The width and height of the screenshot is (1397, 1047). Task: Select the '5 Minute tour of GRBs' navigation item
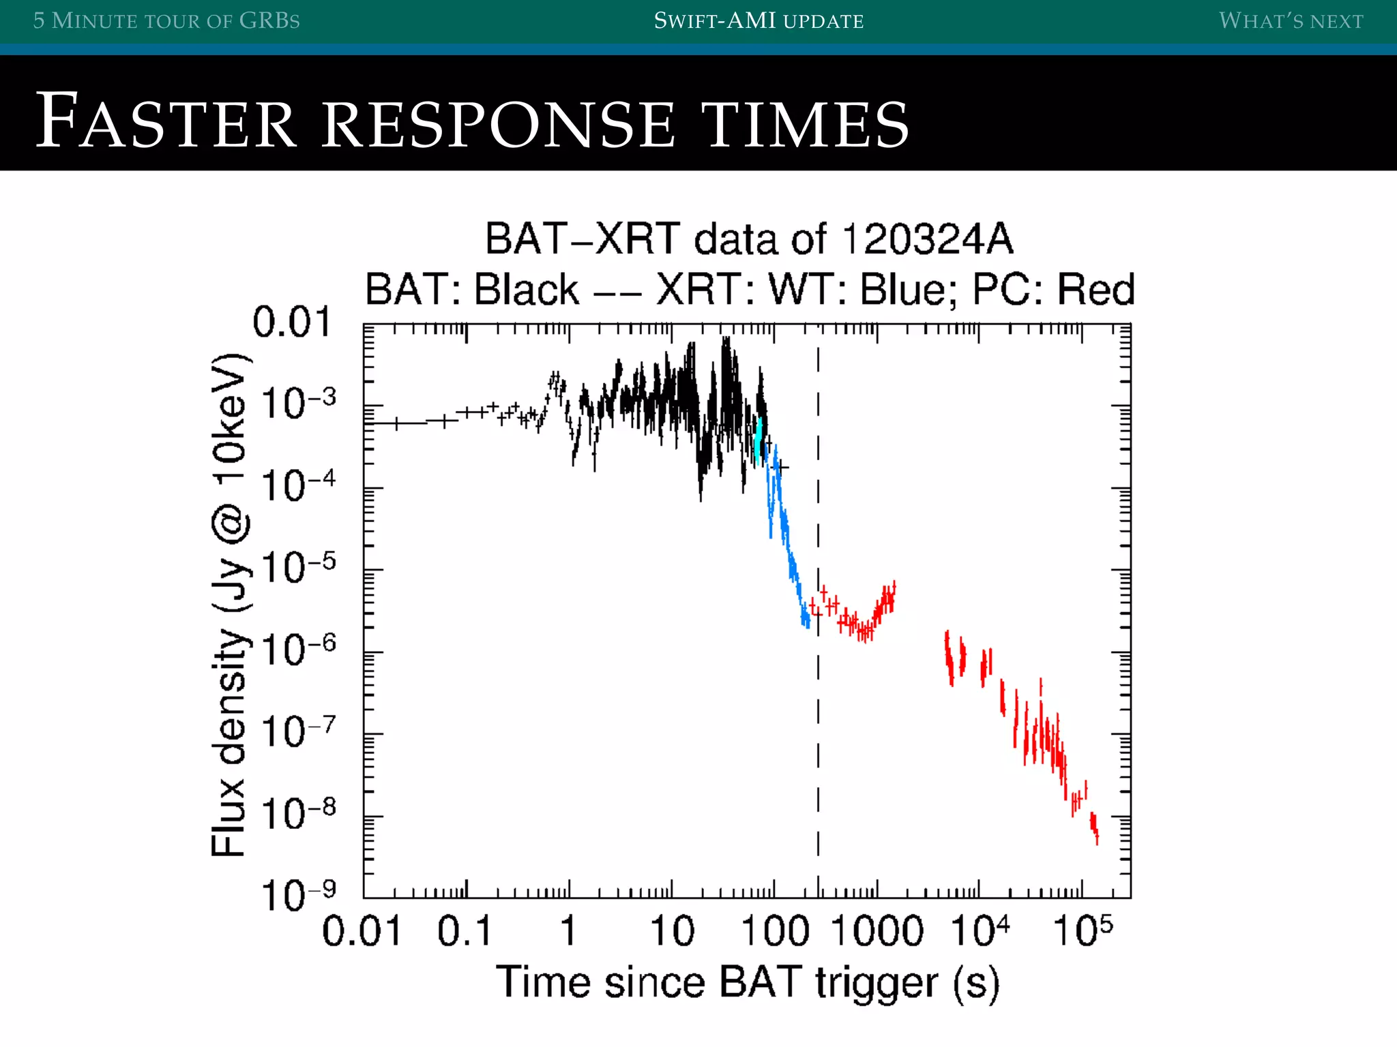pos(166,20)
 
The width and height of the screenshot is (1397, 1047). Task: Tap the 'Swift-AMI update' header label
pos(759,20)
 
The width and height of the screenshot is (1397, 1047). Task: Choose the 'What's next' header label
pos(1291,20)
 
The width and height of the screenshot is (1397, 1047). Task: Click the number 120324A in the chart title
pos(928,239)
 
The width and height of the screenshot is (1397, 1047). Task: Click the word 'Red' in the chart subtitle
pos(1095,289)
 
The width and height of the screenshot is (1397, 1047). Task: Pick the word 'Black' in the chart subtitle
pos(527,289)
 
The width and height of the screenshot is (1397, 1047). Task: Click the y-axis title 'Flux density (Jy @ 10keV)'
pos(229,605)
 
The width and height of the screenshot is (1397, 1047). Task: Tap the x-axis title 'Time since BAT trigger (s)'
pos(748,983)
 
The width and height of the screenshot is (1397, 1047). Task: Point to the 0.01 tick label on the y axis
pos(292,322)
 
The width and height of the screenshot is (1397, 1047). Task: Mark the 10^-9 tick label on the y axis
pos(299,894)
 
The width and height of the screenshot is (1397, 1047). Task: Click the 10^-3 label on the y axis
pos(299,403)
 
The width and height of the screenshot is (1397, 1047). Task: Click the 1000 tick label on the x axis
pos(877,931)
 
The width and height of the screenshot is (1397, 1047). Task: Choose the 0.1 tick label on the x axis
pos(465,931)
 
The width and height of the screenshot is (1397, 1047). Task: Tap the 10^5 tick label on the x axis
pos(1082,931)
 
